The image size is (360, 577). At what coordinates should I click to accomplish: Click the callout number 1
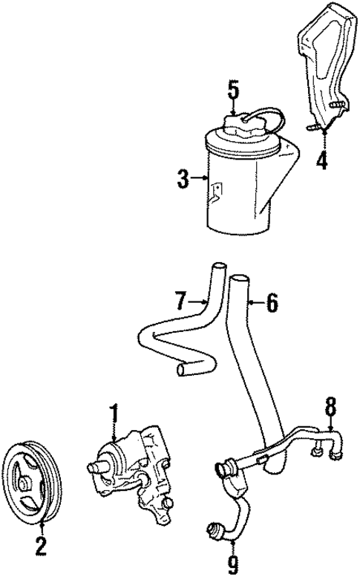point(115,413)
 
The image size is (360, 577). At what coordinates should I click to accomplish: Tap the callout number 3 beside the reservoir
point(183,179)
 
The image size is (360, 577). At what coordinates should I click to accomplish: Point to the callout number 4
point(322,160)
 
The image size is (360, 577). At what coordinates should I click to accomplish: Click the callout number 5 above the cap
point(233,91)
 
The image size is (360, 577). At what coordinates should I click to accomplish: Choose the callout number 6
point(272,303)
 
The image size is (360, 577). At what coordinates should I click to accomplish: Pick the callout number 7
point(181,301)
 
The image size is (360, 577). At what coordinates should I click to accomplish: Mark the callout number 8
point(330,407)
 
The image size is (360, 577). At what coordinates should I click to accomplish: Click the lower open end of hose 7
point(182,370)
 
